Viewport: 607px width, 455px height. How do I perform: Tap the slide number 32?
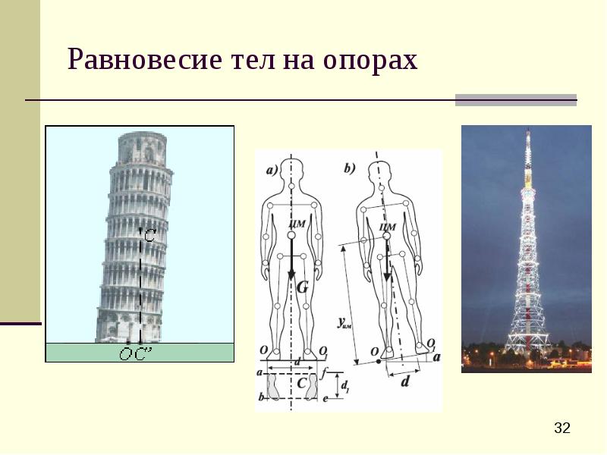[x=562, y=428]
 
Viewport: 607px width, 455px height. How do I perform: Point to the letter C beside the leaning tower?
[x=149, y=237]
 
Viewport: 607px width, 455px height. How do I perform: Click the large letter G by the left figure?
[x=302, y=287]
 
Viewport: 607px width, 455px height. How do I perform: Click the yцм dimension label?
[x=344, y=322]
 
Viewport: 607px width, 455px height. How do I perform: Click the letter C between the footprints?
[x=301, y=384]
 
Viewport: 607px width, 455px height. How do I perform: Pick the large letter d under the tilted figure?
[x=404, y=382]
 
